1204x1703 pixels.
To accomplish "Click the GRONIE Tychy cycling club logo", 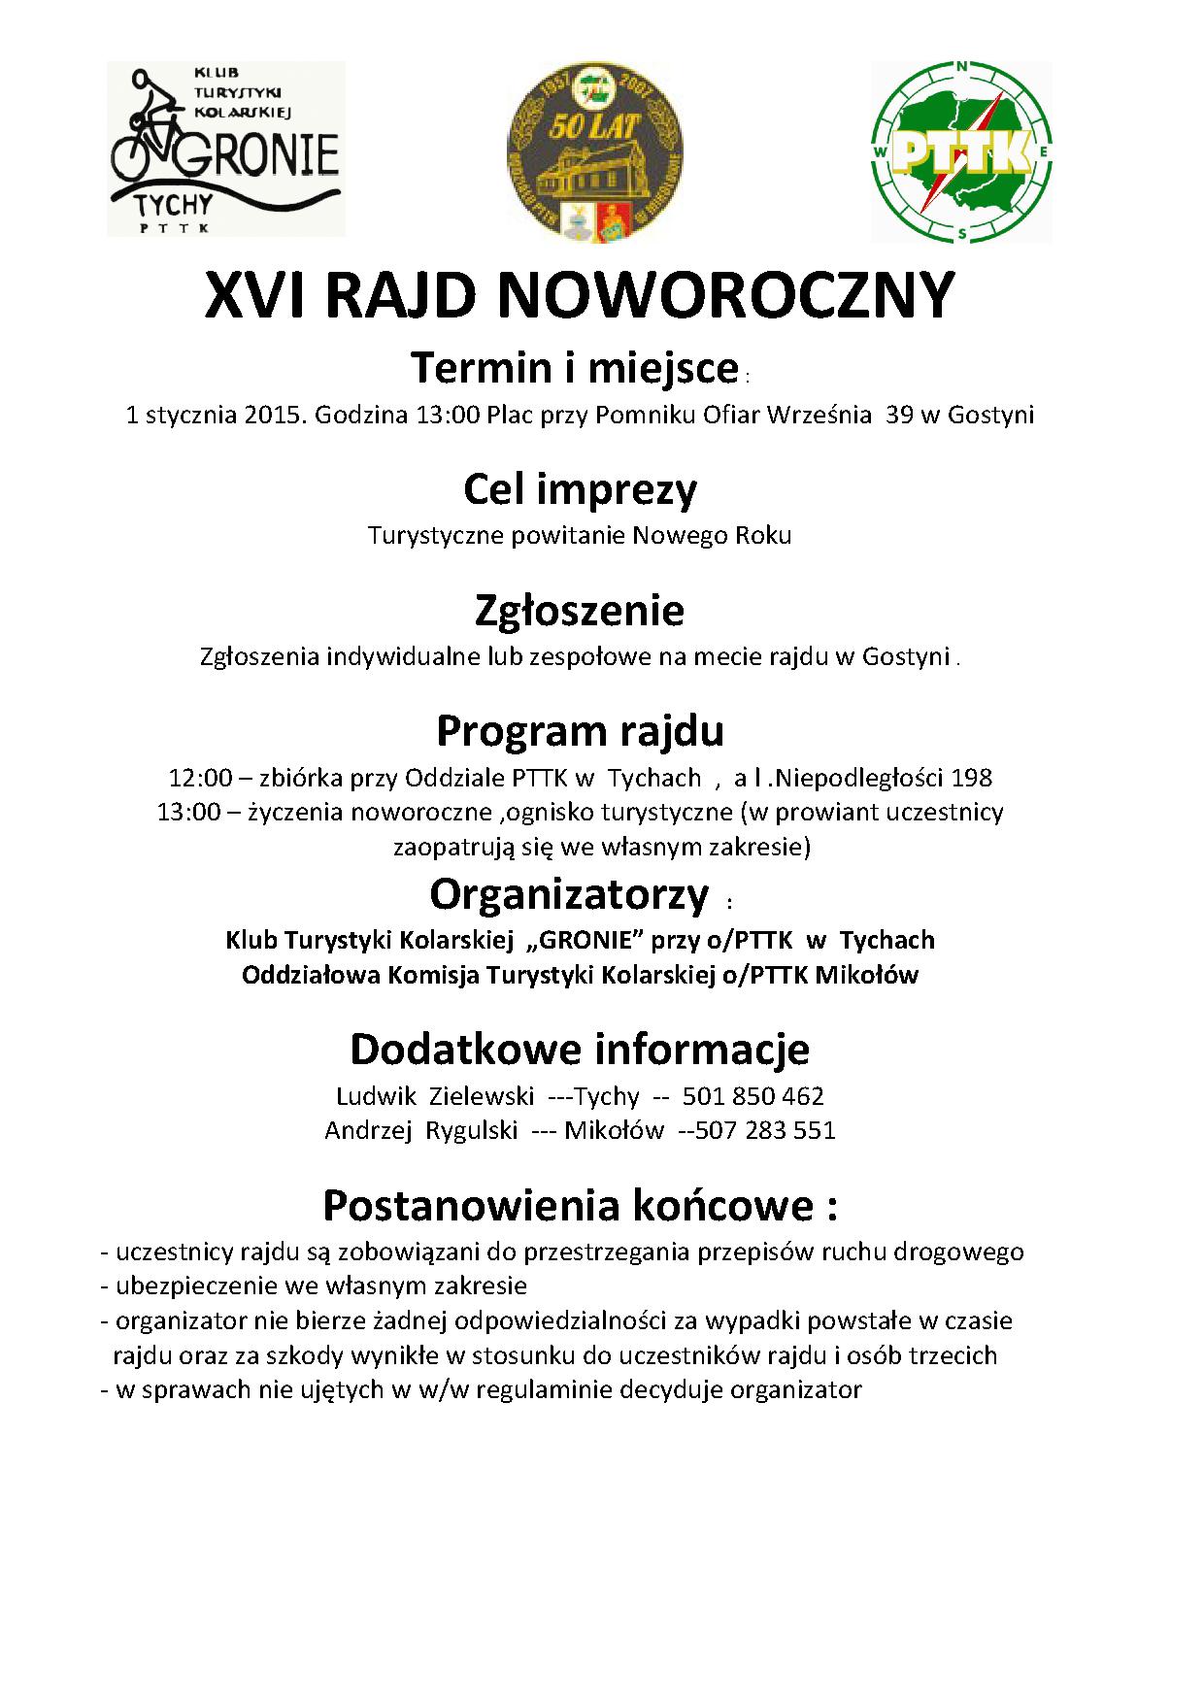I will [x=225, y=149].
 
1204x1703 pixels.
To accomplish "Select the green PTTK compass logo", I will [x=962, y=150].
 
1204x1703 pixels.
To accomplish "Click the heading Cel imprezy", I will [x=580, y=489].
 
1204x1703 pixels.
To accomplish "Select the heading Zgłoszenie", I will [x=580, y=610].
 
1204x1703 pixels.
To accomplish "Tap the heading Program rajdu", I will [x=580, y=730].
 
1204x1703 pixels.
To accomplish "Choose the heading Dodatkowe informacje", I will [x=580, y=1049].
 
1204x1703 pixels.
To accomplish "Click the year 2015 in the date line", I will [x=276, y=416].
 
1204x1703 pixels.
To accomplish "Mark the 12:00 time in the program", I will [x=194, y=778].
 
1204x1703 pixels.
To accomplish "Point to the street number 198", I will [x=971, y=778].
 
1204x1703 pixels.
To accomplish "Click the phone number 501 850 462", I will [x=752, y=1096].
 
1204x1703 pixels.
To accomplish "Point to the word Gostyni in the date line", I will [x=990, y=416].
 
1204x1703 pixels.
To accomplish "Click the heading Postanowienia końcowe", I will [x=580, y=1205].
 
